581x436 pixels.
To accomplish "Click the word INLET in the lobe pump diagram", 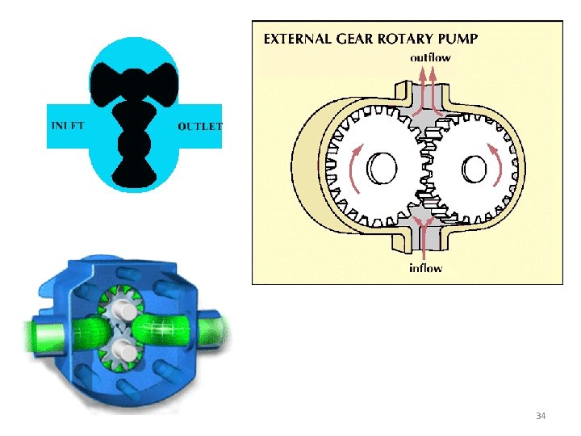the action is (x=68, y=126).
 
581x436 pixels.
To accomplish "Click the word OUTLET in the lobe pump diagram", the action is (x=199, y=126).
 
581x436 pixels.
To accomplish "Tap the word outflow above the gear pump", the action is (x=430, y=57).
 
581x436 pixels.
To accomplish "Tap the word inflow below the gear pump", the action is (x=424, y=268).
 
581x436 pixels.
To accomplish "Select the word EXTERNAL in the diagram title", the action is (x=301, y=37).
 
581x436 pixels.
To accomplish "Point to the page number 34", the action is (x=541, y=416).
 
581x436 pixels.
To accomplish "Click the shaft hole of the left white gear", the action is (x=381, y=169).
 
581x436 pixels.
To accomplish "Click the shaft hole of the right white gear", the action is (x=475, y=169).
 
